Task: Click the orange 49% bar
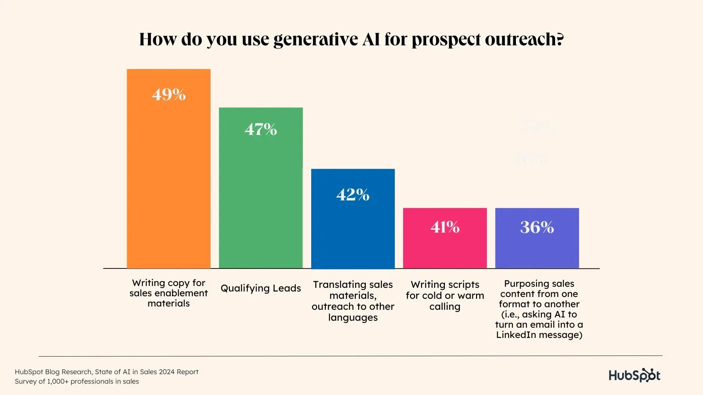coord(168,176)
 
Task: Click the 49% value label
coord(169,95)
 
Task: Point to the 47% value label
coord(261,129)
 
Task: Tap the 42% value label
coord(353,195)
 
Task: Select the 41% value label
coord(445,227)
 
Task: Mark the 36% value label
coord(537,227)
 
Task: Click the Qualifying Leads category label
coord(261,288)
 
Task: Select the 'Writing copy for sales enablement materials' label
coord(168,293)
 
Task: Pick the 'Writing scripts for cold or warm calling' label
coord(445,295)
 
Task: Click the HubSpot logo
coord(634,375)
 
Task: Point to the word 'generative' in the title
coord(316,39)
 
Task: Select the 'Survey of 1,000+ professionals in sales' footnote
coord(77,381)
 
